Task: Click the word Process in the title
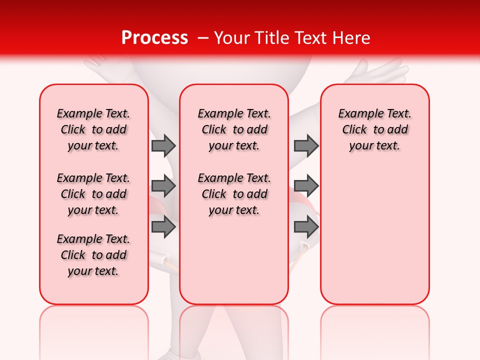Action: point(154,38)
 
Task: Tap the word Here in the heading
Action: point(352,38)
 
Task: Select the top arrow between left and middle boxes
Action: point(163,145)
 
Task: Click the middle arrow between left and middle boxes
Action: point(163,186)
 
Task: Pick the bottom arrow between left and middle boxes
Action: point(163,226)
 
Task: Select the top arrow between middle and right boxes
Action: point(306,145)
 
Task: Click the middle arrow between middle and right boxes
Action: point(306,186)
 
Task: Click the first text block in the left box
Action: point(93,129)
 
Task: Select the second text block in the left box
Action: point(93,194)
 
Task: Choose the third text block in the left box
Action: point(93,255)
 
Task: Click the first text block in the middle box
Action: point(234,129)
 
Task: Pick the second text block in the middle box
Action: point(234,194)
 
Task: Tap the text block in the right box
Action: point(375,129)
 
